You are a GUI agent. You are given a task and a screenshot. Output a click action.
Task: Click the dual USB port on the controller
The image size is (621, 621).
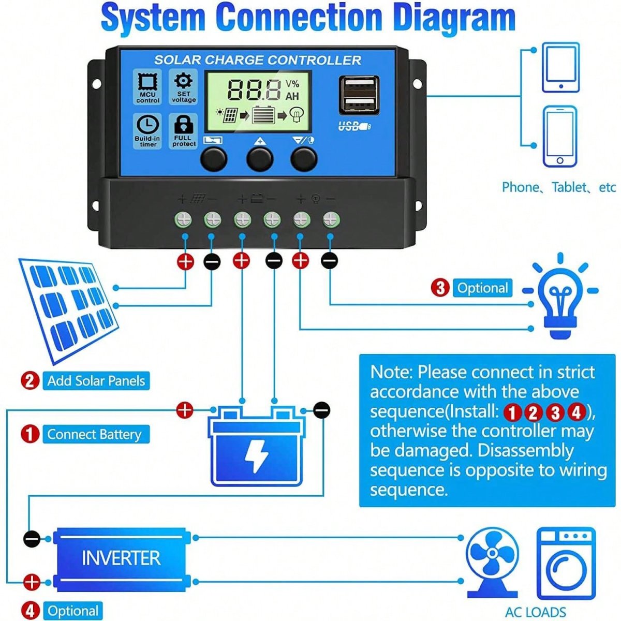pos(359,95)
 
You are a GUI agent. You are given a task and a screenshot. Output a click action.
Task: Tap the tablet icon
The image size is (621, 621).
pos(560,68)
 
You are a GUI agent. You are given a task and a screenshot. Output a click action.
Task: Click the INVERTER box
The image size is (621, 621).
pos(122,559)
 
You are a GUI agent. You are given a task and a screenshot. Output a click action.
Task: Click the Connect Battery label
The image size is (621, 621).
pos(95,434)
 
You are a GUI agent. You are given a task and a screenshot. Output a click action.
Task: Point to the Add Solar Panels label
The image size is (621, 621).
pos(96,381)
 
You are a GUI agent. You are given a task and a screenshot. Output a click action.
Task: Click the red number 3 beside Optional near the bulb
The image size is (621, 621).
pos(440,288)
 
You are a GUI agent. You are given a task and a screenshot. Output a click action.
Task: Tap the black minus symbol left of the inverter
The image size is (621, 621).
pos(32,539)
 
